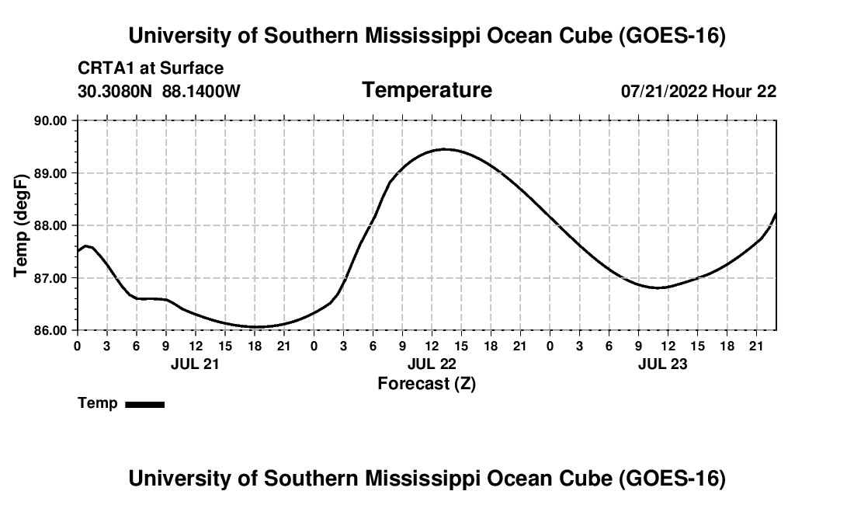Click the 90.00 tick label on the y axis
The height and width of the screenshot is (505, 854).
50,120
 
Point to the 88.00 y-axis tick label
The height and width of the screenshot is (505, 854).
50,225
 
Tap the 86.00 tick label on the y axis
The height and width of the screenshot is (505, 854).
50,331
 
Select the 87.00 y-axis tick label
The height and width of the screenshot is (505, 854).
50,278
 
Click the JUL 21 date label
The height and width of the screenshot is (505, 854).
194,364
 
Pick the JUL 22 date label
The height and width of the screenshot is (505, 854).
432,364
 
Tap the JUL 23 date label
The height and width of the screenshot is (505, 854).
663,364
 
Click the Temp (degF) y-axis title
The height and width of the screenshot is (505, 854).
21,225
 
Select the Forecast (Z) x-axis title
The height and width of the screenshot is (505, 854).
427,384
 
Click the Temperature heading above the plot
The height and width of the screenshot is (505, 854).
427,90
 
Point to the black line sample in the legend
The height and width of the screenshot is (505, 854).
145,404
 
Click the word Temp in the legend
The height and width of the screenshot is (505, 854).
98,403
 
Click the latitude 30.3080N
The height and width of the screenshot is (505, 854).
115,91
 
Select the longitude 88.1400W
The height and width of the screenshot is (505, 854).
201,91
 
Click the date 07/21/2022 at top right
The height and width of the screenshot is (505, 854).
665,91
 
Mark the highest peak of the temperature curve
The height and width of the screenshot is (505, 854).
445,148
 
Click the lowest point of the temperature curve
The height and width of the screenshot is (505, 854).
256,327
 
